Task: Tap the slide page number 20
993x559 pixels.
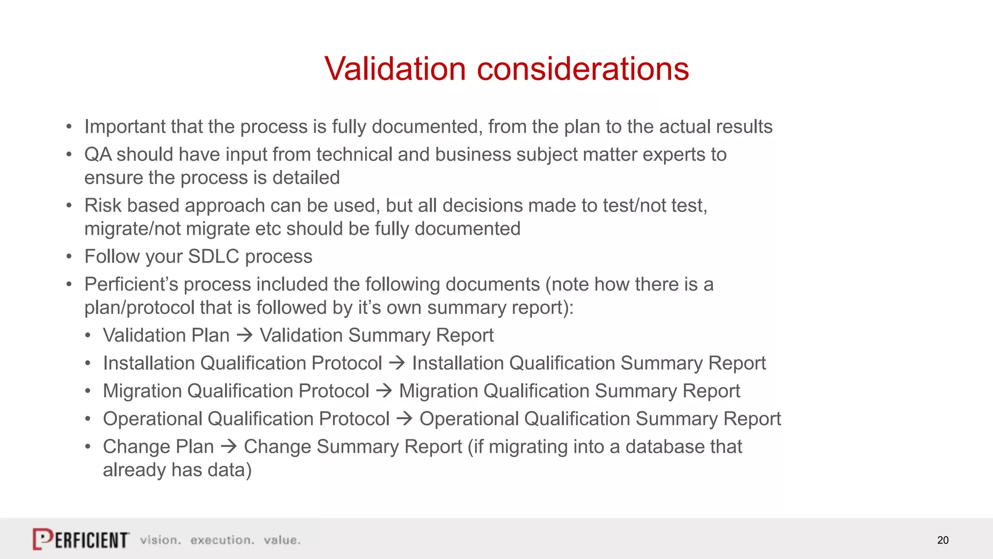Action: (x=943, y=540)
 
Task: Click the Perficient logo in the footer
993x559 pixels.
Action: (x=81, y=539)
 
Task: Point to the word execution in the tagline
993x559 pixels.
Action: (x=222, y=540)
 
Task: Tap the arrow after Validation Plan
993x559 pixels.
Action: (x=245, y=335)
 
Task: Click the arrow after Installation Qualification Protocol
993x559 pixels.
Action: (x=397, y=363)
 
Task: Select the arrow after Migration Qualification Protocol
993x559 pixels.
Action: (x=384, y=391)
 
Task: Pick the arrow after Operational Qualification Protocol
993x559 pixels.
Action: (x=404, y=418)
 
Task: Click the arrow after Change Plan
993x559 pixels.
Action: (x=229, y=446)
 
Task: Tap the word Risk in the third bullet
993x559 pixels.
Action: (x=103, y=205)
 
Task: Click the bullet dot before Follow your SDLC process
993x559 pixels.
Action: (x=69, y=256)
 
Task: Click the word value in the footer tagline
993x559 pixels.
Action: (x=281, y=540)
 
